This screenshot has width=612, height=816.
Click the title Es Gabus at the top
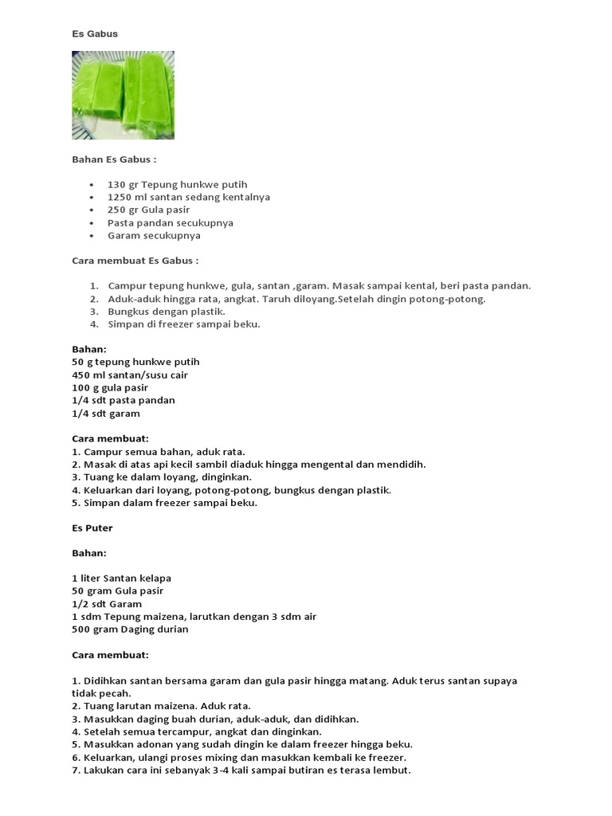pyautogui.click(x=95, y=34)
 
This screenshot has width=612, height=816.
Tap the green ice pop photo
pyautogui.click(x=123, y=95)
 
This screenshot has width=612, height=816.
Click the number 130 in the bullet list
pyautogui.click(x=117, y=185)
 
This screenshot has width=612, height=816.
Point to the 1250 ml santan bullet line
pyautogui.click(x=189, y=198)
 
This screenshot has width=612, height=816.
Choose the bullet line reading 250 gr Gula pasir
pyautogui.click(x=149, y=210)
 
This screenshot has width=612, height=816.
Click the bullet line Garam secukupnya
pyautogui.click(x=154, y=236)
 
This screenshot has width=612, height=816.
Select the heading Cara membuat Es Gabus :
pyautogui.click(x=135, y=261)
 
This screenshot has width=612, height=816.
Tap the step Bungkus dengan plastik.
pyautogui.click(x=166, y=312)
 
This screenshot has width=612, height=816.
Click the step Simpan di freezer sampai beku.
pyautogui.click(x=184, y=324)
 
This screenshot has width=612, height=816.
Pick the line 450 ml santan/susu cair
pyautogui.click(x=130, y=375)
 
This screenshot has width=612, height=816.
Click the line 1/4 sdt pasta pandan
pyautogui.click(x=124, y=400)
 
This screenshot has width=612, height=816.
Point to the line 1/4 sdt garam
pyautogui.click(x=106, y=414)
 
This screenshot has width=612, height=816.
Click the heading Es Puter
pyautogui.click(x=92, y=528)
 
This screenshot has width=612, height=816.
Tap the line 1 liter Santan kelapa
pyautogui.click(x=121, y=578)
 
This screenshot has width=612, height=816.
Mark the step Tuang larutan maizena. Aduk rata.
pyautogui.click(x=161, y=705)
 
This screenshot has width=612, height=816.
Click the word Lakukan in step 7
pyautogui.click(x=103, y=771)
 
